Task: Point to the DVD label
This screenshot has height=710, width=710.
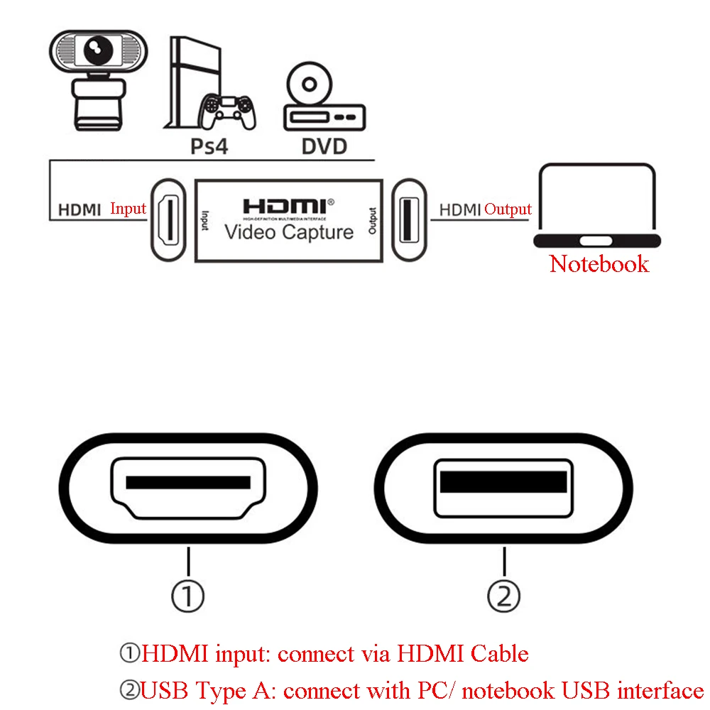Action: [324, 146]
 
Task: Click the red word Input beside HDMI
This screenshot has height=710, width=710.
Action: [128, 209]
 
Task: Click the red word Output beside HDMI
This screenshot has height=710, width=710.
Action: [508, 209]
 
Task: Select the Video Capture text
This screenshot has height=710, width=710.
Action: [288, 232]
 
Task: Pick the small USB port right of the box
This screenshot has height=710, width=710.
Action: [410, 219]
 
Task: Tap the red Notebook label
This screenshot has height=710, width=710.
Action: [599, 263]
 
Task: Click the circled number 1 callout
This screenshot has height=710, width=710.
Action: [188, 596]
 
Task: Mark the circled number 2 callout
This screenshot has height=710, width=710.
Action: [504, 596]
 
